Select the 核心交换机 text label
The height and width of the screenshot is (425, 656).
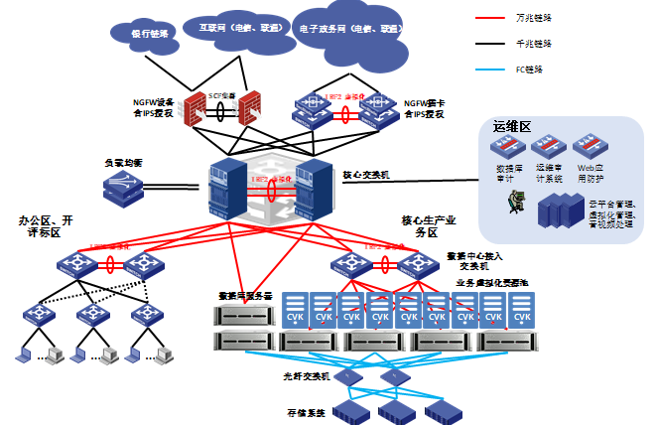coord(366,174)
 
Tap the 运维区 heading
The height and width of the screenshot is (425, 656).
coord(512,128)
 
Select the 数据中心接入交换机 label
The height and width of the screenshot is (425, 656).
coord(481,260)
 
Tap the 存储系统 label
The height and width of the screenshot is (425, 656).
coord(308,411)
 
